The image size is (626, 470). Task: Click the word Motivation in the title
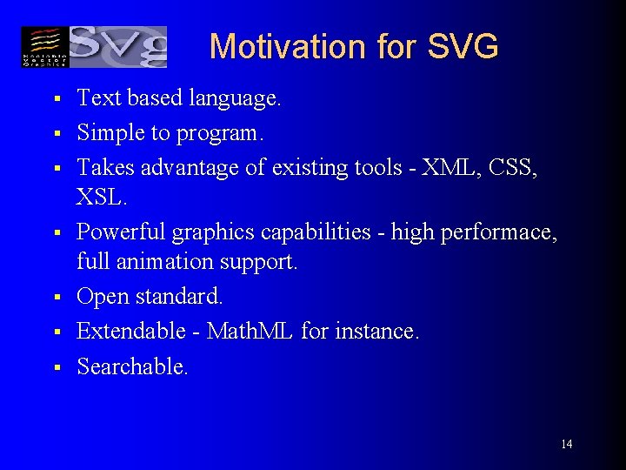pos(270,46)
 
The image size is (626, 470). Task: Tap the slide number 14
pos(566,445)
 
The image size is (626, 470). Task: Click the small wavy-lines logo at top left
pos(43,47)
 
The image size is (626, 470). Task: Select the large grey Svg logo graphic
pos(117,47)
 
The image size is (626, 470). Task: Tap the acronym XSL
pos(101,199)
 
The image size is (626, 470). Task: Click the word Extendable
pos(130,332)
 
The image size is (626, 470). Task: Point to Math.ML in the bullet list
pos(250,332)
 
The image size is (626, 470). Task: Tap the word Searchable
pos(131,367)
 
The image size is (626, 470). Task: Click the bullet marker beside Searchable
pos(54,368)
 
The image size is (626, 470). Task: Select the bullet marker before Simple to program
pos(54,134)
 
